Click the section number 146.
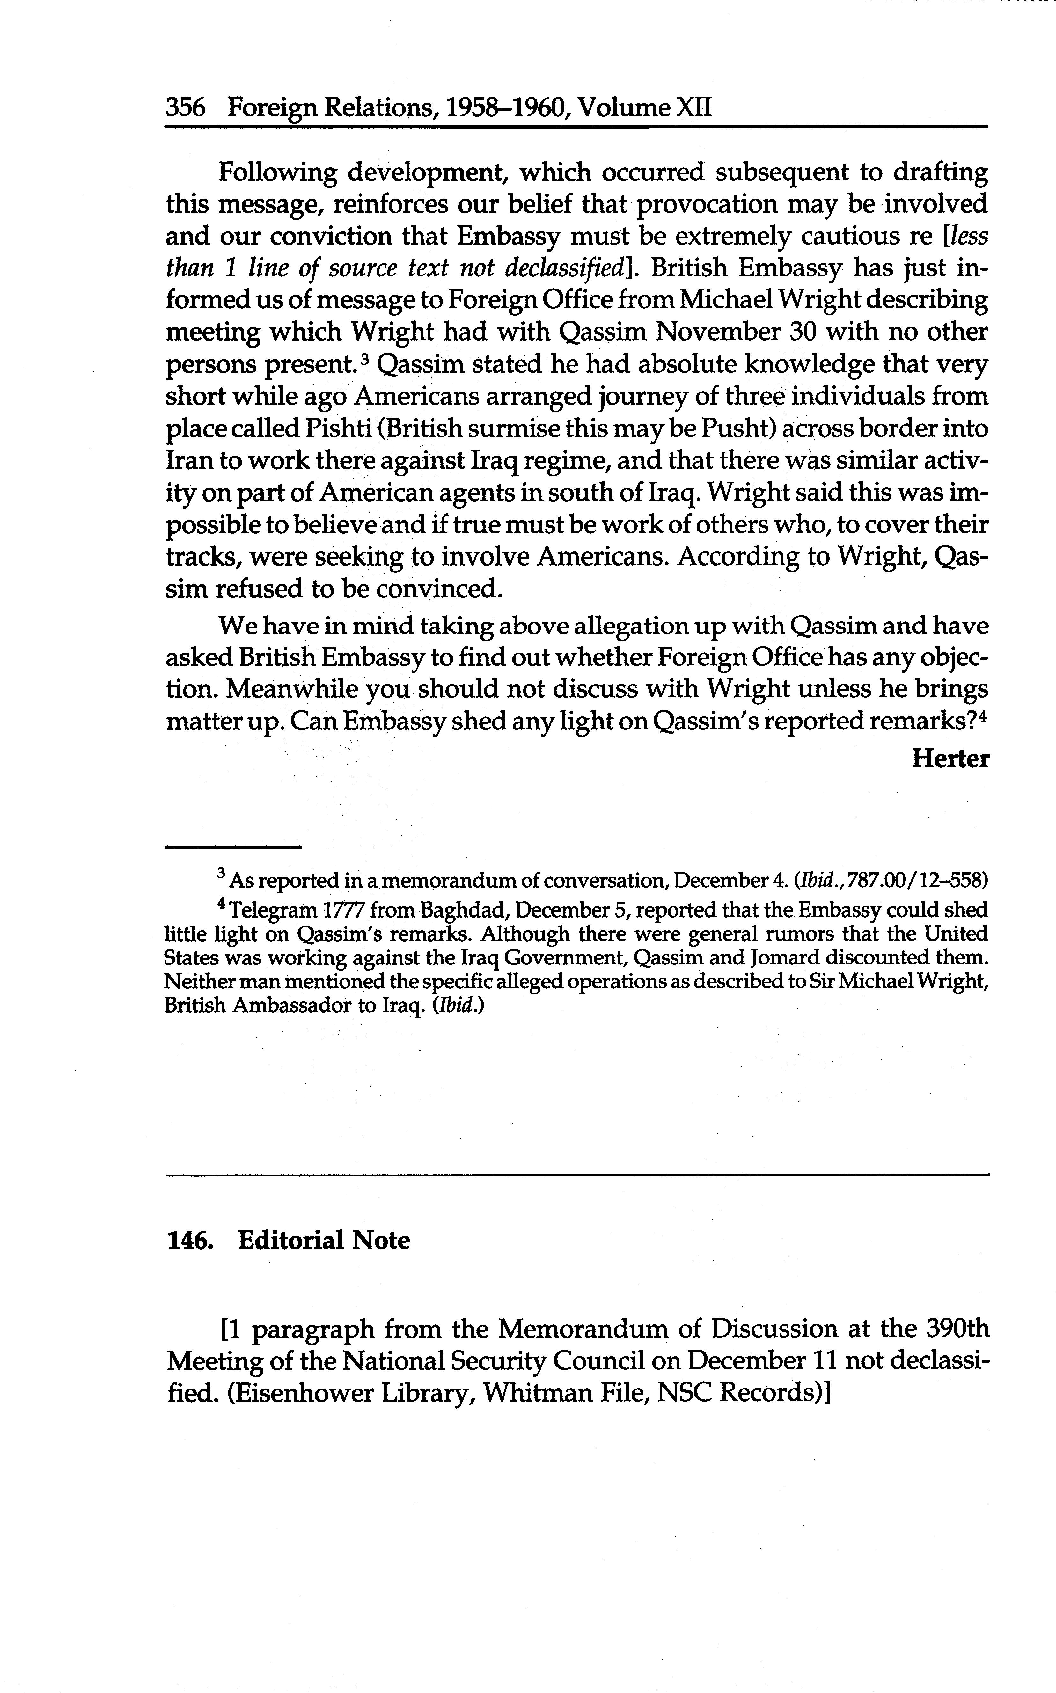click(189, 1240)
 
